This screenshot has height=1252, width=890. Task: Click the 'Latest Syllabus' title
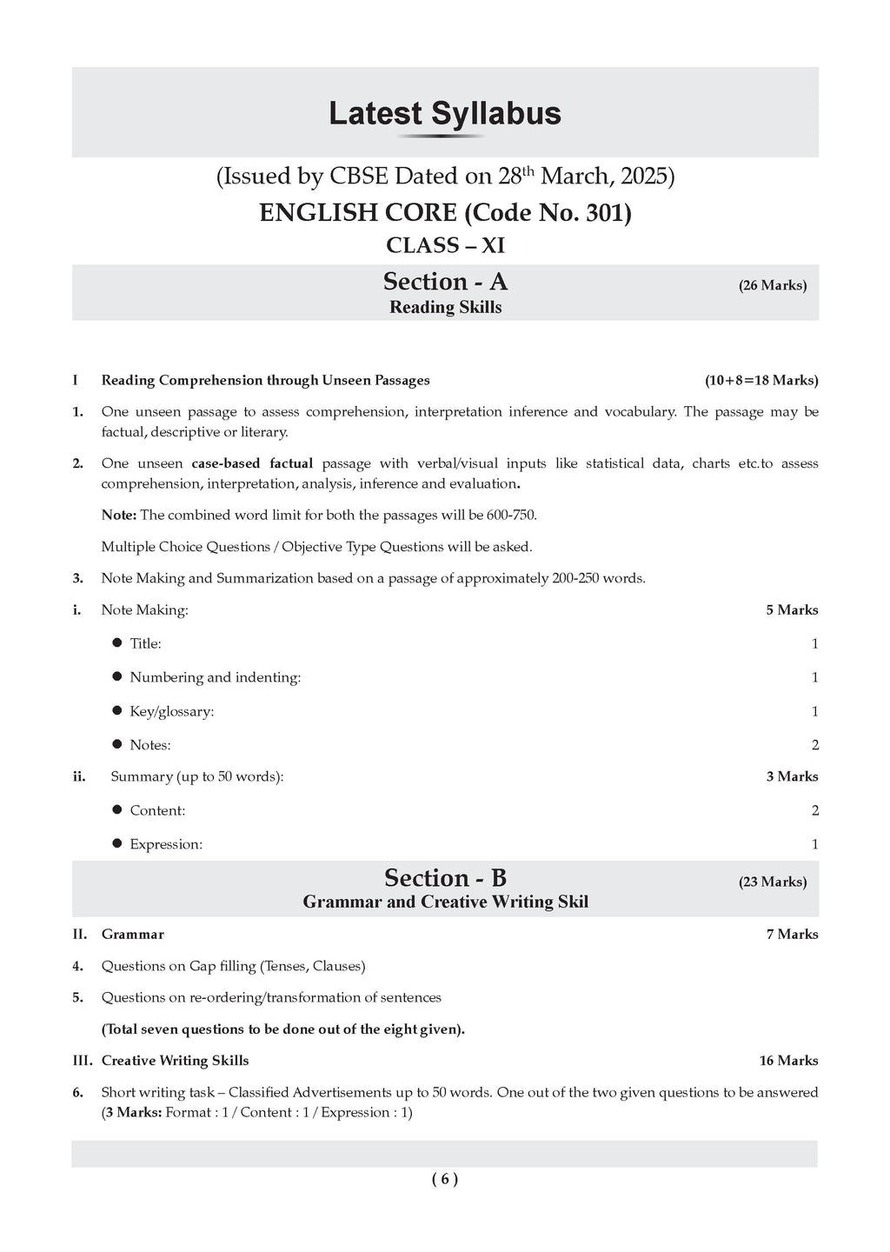(445, 114)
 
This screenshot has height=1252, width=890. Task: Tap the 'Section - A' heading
(445, 282)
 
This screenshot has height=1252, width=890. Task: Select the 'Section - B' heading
(445, 878)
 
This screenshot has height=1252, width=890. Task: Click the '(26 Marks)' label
(773, 285)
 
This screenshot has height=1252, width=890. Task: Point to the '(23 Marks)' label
(773, 882)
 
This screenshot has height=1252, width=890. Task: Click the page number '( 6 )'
(444, 1179)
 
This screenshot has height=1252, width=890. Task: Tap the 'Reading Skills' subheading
(445, 307)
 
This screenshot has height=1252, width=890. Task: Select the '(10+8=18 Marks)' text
(761, 380)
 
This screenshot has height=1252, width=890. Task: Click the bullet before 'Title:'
(117, 643)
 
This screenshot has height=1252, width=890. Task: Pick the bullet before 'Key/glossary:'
(117, 710)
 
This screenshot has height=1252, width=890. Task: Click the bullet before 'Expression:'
(117, 843)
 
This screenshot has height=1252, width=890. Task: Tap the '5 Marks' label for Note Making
(792, 610)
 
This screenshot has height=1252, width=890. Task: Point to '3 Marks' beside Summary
(792, 776)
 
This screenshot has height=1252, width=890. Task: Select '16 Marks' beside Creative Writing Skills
(788, 1061)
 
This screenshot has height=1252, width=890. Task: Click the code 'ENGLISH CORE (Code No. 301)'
(445, 213)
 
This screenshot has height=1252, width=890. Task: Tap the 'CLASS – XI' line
(445, 246)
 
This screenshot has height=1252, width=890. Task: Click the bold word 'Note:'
(119, 515)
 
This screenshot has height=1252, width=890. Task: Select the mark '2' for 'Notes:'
(814, 745)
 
